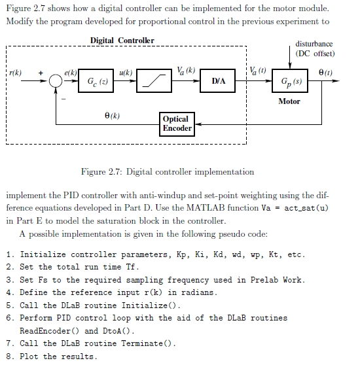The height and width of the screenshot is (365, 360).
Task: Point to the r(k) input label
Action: coord(15,73)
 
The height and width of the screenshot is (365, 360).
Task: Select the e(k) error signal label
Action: coord(71,73)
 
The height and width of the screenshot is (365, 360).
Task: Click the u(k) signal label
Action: coord(126,73)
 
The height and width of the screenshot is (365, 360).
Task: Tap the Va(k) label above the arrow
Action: coord(186,71)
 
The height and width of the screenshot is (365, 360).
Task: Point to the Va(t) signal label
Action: coord(258,71)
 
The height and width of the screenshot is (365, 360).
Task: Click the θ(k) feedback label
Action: coord(112,116)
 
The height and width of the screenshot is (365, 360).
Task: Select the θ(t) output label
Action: coord(325,73)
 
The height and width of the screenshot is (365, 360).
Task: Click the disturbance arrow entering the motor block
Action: coord(290,58)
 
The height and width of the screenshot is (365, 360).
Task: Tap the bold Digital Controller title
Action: coord(122,41)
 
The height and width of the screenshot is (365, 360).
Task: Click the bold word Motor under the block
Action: coord(289,101)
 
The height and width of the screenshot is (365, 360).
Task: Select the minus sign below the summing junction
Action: coord(63,99)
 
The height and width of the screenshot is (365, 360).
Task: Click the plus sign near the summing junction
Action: coord(41,73)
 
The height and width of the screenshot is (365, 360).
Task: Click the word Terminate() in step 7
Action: coord(147,343)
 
